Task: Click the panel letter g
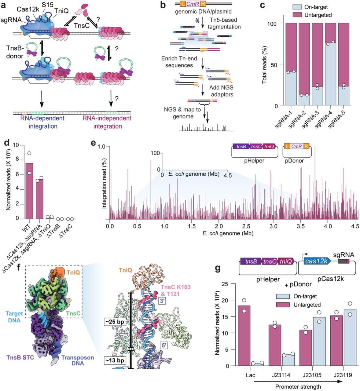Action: click(x=218, y=269)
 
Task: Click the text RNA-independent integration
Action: click(x=107, y=122)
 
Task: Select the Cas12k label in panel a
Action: click(x=28, y=9)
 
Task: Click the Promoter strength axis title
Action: click(x=298, y=387)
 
